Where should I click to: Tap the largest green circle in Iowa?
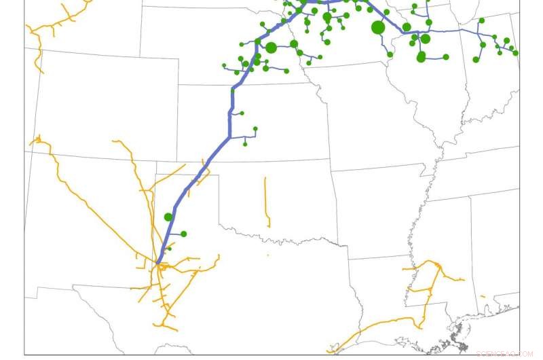pyautogui.click(x=378, y=28)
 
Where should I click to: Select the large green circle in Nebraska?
pyautogui.click(x=271, y=48)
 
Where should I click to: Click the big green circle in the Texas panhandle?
pyautogui.click(x=168, y=217)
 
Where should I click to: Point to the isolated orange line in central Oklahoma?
pyautogui.click(x=266, y=200)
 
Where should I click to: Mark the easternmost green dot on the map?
pyautogui.click(x=515, y=52)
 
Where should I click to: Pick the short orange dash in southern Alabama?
pyautogui.click(x=483, y=296)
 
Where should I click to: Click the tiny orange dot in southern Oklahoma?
pyautogui.click(x=267, y=255)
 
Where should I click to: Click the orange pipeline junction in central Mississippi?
pyautogui.click(x=430, y=291)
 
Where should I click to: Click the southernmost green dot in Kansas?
pyautogui.click(x=245, y=143)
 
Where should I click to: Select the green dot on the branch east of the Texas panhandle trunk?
pyautogui.click(x=183, y=234)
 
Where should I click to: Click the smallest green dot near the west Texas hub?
pyautogui.click(x=170, y=249)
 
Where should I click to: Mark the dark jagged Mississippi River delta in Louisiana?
pyautogui.click(x=462, y=340)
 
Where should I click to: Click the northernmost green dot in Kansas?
pyautogui.click(x=242, y=113)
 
